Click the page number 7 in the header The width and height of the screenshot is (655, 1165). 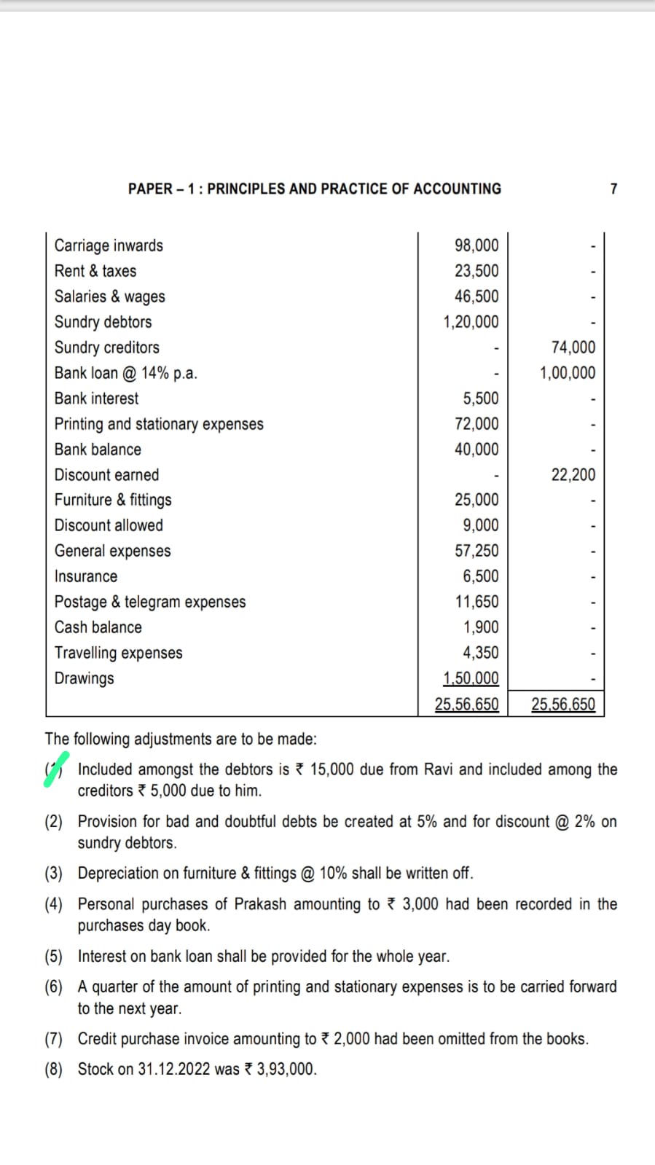(613, 189)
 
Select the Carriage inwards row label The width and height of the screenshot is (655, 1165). (109, 246)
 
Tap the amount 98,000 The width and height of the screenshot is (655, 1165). (476, 246)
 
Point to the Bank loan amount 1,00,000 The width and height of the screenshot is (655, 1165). (567, 373)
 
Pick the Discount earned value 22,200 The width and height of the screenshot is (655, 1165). (573, 475)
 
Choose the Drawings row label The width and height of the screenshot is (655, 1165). (84, 678)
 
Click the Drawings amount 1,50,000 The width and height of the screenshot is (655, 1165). (471, 678)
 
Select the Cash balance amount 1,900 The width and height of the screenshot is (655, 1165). (481, 627)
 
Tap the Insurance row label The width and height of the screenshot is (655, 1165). (85, 576)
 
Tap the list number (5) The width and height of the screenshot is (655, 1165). (54, 957)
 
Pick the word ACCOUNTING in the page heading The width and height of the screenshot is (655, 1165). (457, 189)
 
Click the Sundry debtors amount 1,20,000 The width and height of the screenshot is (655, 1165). (471, 322)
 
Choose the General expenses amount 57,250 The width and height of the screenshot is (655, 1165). (476, 551)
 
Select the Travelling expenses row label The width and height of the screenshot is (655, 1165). (118, 653)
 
